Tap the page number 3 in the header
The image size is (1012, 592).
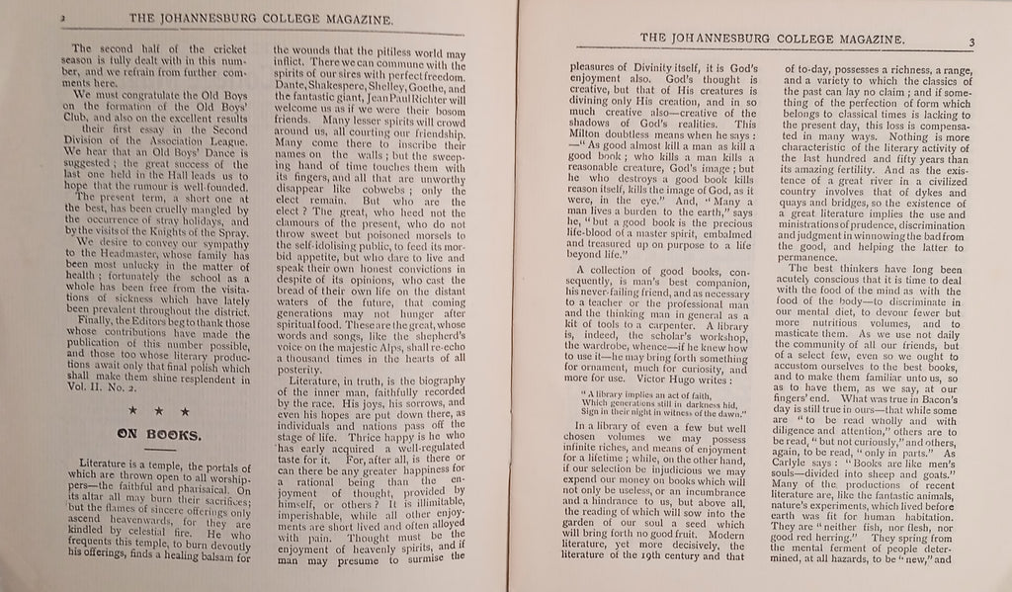971,41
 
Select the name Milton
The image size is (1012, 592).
565,135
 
